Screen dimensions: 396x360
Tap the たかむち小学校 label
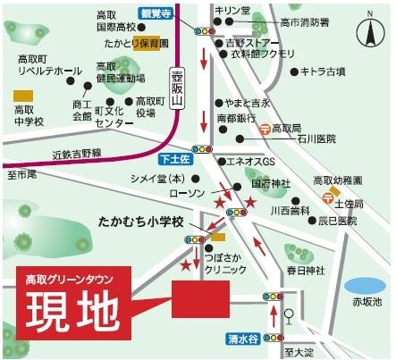[x=140, y=221]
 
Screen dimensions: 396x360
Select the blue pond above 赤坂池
[x=366, y=284]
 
